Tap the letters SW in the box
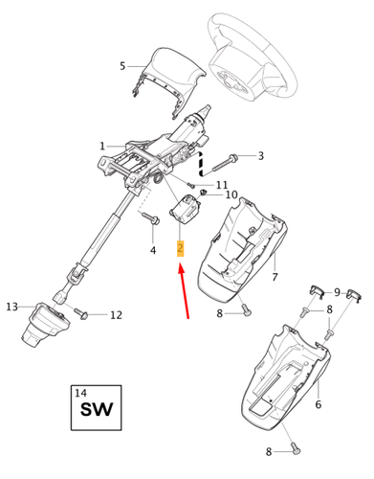(x=96, y=412)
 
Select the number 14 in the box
(x=79, y=393)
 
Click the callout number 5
(x=121, y=66)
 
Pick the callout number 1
(x=101, y=147)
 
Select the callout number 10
(x=231, y=194)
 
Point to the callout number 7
(x=275, y=278)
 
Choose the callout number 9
(x=337, y=291)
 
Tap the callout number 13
(x=11, y=307)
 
